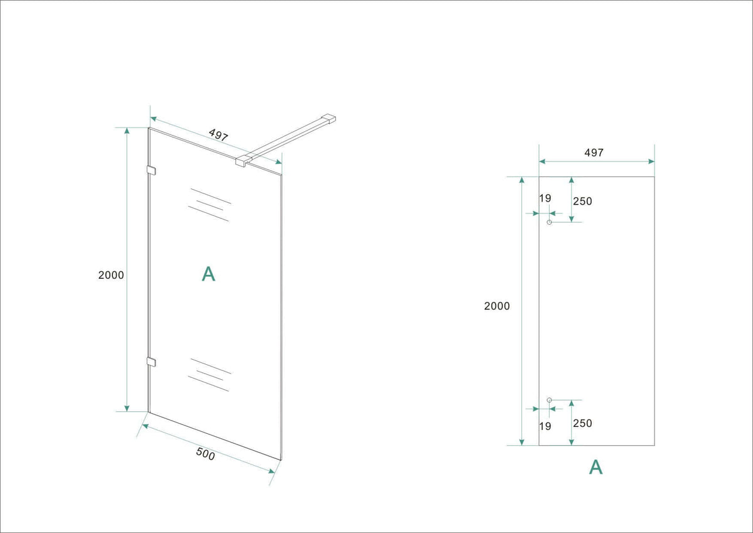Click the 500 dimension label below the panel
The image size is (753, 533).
205,454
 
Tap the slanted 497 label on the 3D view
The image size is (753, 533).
218,134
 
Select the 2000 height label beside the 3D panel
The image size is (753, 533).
111,275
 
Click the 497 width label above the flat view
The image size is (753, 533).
594,153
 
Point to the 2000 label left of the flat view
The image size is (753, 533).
497,306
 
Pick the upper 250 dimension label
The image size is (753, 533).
582,201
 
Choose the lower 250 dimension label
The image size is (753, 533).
582,423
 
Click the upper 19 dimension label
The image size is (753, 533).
545,198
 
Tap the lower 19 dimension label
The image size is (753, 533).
545,426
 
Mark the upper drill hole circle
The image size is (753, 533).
549,222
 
